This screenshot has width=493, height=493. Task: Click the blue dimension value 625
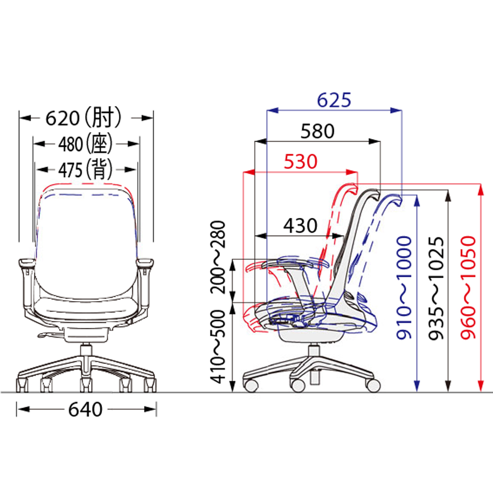pyautogui.click(x=334, y=100)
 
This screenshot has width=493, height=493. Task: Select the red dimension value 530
pyautogui.click(x=301, y=162)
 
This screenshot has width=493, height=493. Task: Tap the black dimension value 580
pyautogui.click(x=317, y=131)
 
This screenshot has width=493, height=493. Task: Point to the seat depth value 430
pyautogui.click(x=300, y=225)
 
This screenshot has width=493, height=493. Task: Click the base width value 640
pyautogui.click(x=85, y=409)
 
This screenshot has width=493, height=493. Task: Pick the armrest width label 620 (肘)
pyautogui.click(x=83, y=118)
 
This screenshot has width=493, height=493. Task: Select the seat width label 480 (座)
pyautogui.click(x=85, y=144)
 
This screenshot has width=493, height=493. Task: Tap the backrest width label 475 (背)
pyautogui.click(x=85, y=170)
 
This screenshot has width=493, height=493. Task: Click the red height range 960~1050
pyautogui.click(x=468, y=288)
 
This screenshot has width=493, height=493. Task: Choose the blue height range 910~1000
pyautogui.click(x=404, y=288)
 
